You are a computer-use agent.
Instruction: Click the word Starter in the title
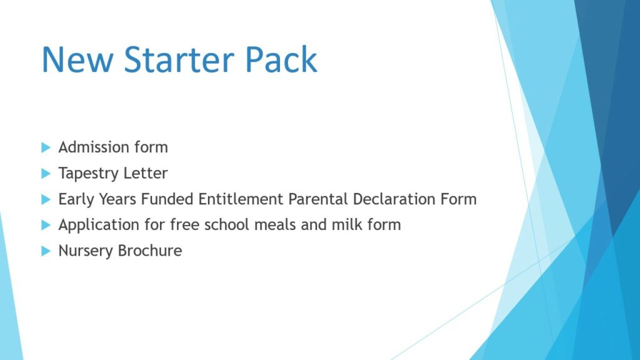(179, 59)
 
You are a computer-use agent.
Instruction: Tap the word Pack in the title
(281, 59)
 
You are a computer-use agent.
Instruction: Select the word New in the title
(77, 59)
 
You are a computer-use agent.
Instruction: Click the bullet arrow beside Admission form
(46, 147)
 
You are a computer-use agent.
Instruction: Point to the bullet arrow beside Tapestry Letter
(46, 174)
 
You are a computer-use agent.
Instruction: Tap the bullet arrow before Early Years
(46, 199)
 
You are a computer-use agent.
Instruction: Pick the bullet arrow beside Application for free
(46, 225)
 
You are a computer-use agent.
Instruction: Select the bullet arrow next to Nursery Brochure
(46, 251)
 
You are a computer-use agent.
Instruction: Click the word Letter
(145, 173)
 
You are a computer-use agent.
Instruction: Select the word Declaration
(394, 199)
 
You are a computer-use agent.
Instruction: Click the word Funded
(167, 199)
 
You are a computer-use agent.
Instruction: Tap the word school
(225, 224)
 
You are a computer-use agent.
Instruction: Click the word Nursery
(85, 251)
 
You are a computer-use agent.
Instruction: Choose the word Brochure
(150, 251)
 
